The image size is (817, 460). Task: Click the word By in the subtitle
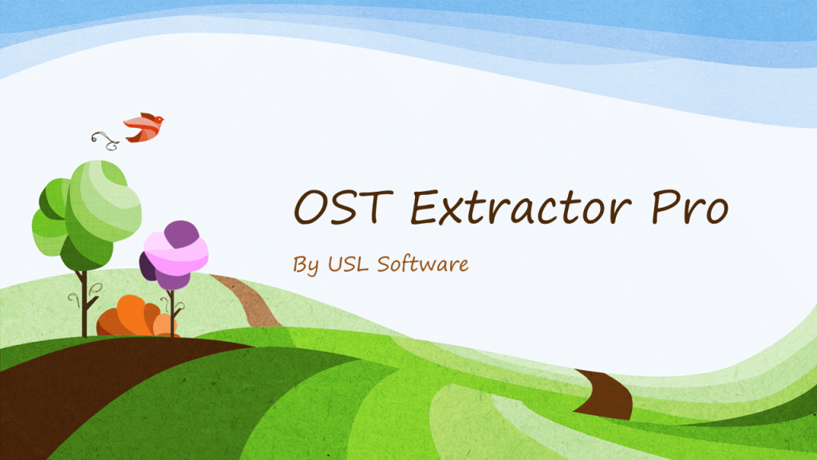tap(306, 264)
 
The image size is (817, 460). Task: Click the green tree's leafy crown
tap(86, 209)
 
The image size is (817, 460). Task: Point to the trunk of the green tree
tap(83, 303)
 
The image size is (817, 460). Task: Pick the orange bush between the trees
tap(128, 317)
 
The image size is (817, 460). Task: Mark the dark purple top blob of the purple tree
tap(182, 234)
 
